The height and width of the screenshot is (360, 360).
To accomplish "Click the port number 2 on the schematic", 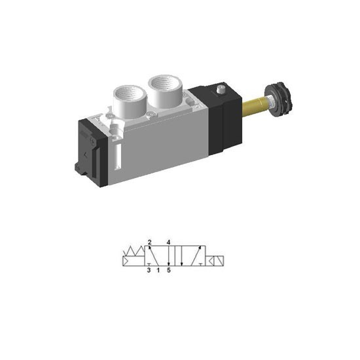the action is (150, 242).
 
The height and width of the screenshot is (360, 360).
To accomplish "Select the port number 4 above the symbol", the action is (168, 242).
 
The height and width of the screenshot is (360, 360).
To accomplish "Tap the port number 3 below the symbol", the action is (149, 270).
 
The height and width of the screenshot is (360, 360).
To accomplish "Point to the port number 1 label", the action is (158, 270).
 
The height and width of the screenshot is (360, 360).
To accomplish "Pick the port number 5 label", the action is (169, 270).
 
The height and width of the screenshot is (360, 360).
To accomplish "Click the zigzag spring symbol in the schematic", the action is (134, 251).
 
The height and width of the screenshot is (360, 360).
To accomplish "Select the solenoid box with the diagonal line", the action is (219, 261).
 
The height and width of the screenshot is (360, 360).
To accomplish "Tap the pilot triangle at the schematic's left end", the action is (126, 261).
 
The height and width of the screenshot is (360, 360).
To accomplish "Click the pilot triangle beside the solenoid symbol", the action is (211, 261).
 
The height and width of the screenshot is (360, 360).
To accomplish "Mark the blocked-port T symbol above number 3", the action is (149, 264).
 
